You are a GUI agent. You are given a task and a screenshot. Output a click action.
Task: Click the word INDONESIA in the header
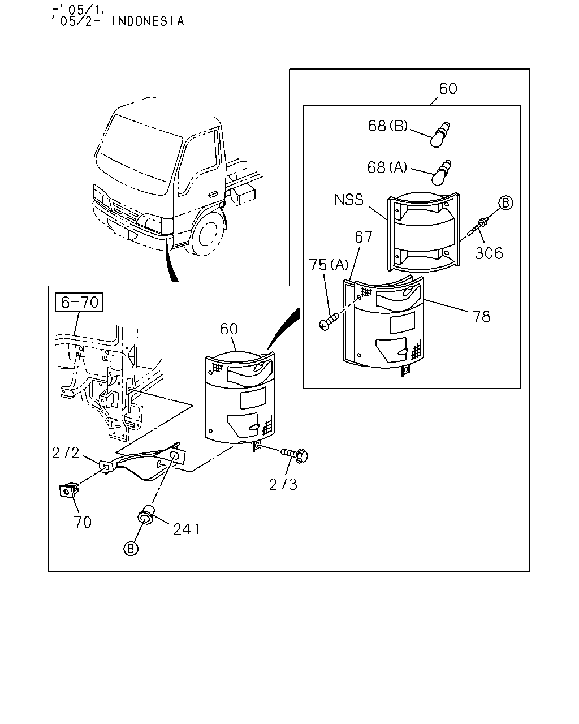148,21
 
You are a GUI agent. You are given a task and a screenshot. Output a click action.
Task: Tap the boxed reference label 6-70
79,302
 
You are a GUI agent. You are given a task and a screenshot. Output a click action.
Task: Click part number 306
489,253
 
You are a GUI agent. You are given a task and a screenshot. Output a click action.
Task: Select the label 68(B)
388,126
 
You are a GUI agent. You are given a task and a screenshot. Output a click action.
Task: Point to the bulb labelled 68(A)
442,173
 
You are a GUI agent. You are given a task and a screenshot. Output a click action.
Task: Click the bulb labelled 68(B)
440,134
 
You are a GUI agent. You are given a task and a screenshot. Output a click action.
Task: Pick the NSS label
349,200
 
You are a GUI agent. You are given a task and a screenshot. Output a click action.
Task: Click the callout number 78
481,316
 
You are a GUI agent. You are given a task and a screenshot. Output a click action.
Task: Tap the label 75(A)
329,265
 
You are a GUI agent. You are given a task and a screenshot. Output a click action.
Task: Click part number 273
283,485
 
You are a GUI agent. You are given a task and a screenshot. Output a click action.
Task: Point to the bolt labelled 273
293,455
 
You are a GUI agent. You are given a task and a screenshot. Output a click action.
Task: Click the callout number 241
187,529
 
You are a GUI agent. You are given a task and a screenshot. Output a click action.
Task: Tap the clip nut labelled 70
69,491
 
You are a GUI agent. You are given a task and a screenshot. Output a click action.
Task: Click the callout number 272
66,453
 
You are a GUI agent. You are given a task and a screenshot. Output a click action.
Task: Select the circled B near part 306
505,203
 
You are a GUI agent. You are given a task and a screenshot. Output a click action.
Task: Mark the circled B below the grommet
131,549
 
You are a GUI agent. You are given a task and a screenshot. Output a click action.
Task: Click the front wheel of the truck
206,234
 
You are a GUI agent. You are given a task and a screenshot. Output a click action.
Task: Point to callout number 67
364,237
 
